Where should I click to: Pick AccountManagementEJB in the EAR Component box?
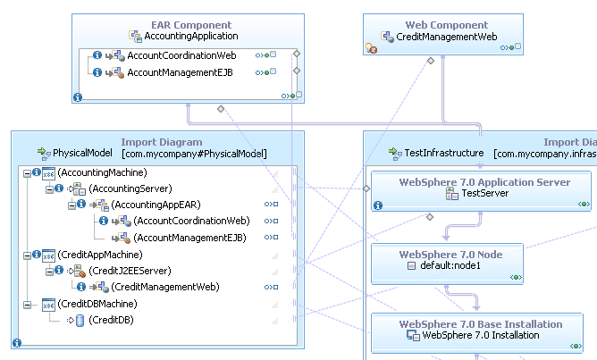click(x=180, y=72)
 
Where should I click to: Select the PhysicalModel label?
click(x=82, y=154)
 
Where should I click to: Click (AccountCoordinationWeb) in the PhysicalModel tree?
click(x=191, y=221)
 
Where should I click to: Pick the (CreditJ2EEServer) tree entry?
click(x=130, y=271)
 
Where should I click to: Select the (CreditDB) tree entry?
click(x=111, y=320)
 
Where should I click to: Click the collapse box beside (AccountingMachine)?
click(x=26, y=172)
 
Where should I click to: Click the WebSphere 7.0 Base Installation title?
click(x=481, y=324)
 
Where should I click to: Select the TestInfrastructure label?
click(x=444, y=154)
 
